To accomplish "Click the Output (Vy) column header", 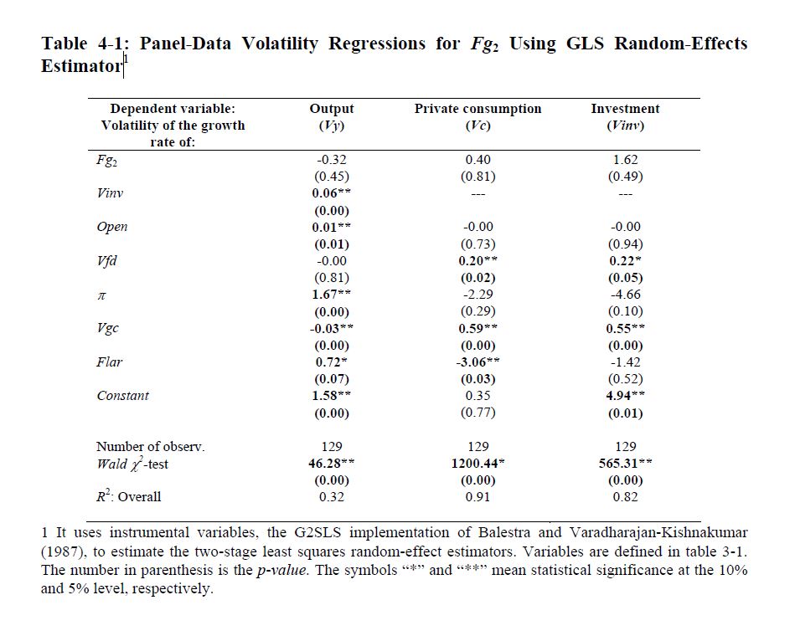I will (x=332, y=117).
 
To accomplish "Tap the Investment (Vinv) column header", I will (x=625, y=117).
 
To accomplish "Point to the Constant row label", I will (x=122, y=396).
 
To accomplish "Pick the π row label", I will (x=101, y=295).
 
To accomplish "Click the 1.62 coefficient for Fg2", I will (x=625, y=160).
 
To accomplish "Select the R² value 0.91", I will (x=478, y=497).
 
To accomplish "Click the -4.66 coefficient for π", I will (x=625, y=295).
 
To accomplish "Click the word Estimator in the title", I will (x=81, y=65).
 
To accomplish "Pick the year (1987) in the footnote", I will (x=67, y=551).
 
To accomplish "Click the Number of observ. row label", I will (x=150, y=447).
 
